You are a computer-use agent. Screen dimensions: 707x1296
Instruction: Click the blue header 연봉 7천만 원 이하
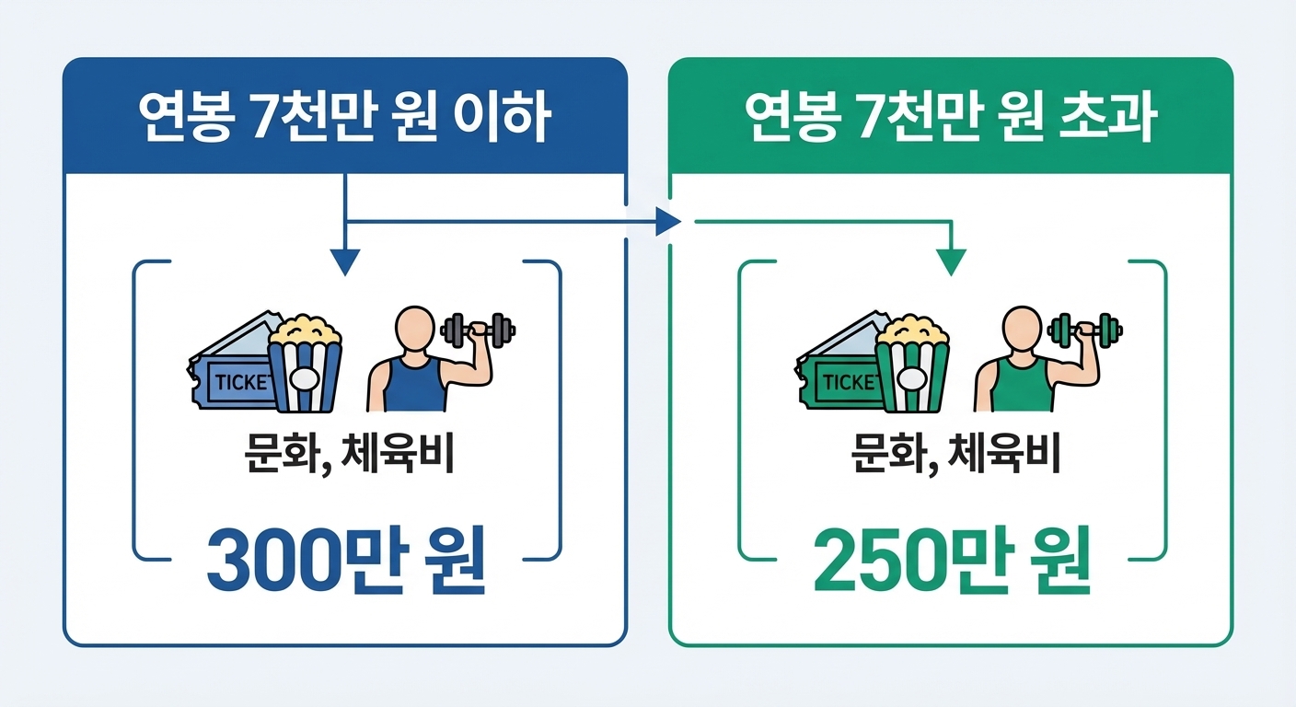click(344, 117)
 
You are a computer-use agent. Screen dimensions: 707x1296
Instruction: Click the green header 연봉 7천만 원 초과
click(950, 117)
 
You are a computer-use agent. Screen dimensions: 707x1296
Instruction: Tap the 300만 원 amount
click(345, 560)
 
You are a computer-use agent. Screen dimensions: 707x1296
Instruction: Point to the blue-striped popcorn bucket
click(305, 368)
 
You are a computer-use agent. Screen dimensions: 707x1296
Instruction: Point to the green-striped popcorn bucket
click(910, 368)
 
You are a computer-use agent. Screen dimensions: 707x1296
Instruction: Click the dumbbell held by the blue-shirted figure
click(479, 330)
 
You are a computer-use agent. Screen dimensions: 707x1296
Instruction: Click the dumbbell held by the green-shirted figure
click(1085, 330)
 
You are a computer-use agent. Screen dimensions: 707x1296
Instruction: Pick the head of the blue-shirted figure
click(413, 326)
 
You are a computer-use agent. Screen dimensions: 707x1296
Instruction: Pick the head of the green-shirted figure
click(1019, 326)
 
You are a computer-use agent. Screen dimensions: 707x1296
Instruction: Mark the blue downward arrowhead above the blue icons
click(344, 262)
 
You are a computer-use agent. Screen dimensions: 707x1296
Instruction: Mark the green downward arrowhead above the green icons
click(952, 262)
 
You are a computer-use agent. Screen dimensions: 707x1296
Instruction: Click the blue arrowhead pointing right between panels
click(668, 221)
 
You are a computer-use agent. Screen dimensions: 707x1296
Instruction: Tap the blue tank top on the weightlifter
click(413, 387)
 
